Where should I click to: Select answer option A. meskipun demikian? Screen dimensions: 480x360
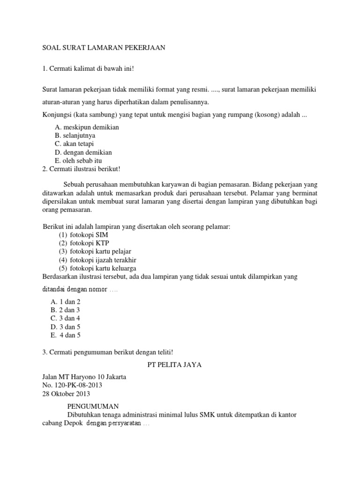pyautogui.click(x=87, y=127)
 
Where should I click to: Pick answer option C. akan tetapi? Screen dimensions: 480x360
pyautogui.click(x=77, y=144)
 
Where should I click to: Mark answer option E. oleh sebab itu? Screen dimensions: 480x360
pyautogui.click(x=78, y=161)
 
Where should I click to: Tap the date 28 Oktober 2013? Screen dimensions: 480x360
pyautogui.click(x=66, y=394)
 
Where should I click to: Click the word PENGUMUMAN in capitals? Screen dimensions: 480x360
pyautogui.click(x=93, y=406)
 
